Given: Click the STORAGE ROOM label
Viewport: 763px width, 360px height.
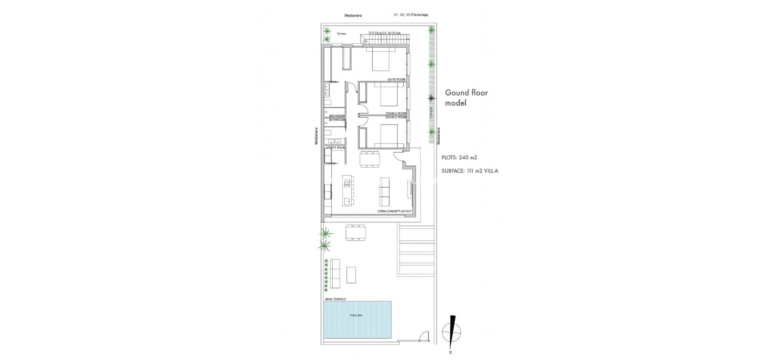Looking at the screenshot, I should (x=385, y=33).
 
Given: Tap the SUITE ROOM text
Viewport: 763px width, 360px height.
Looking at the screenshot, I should (x=396, y=80).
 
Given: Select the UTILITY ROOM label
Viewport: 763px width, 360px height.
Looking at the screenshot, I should (x=335, y=147).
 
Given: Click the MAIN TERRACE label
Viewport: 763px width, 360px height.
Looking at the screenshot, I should (x=335, y=299).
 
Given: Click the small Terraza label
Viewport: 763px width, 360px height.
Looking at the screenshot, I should (x=341, y=34).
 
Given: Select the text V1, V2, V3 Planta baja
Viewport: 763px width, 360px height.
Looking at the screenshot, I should (x=410, y=15).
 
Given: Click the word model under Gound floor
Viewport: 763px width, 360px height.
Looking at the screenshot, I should (x=456, y=103).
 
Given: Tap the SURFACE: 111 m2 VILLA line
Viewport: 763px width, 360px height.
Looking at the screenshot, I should (x=470, y=171).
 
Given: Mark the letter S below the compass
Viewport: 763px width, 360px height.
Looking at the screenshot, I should (x=450, y=353).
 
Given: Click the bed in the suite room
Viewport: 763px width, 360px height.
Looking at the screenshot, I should (x=381, y=60).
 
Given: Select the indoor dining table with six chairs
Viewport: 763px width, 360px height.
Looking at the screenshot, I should (x=369, y=159).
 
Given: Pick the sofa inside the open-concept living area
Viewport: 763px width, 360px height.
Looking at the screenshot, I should (x=385, y=191).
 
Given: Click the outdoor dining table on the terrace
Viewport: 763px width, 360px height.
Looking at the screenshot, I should (x=355, y=232).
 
